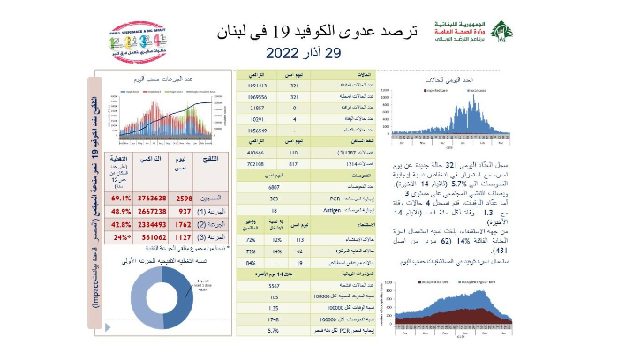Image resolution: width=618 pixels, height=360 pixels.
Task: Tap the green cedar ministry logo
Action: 501,33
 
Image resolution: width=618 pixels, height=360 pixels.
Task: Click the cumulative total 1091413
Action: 256,86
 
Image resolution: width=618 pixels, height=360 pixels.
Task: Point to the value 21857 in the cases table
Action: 256,107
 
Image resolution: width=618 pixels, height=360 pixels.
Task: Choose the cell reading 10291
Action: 256,117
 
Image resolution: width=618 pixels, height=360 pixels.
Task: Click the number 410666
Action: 256,152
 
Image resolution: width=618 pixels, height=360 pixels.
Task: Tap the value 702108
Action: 256,163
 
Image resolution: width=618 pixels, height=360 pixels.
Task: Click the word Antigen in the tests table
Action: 324,211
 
